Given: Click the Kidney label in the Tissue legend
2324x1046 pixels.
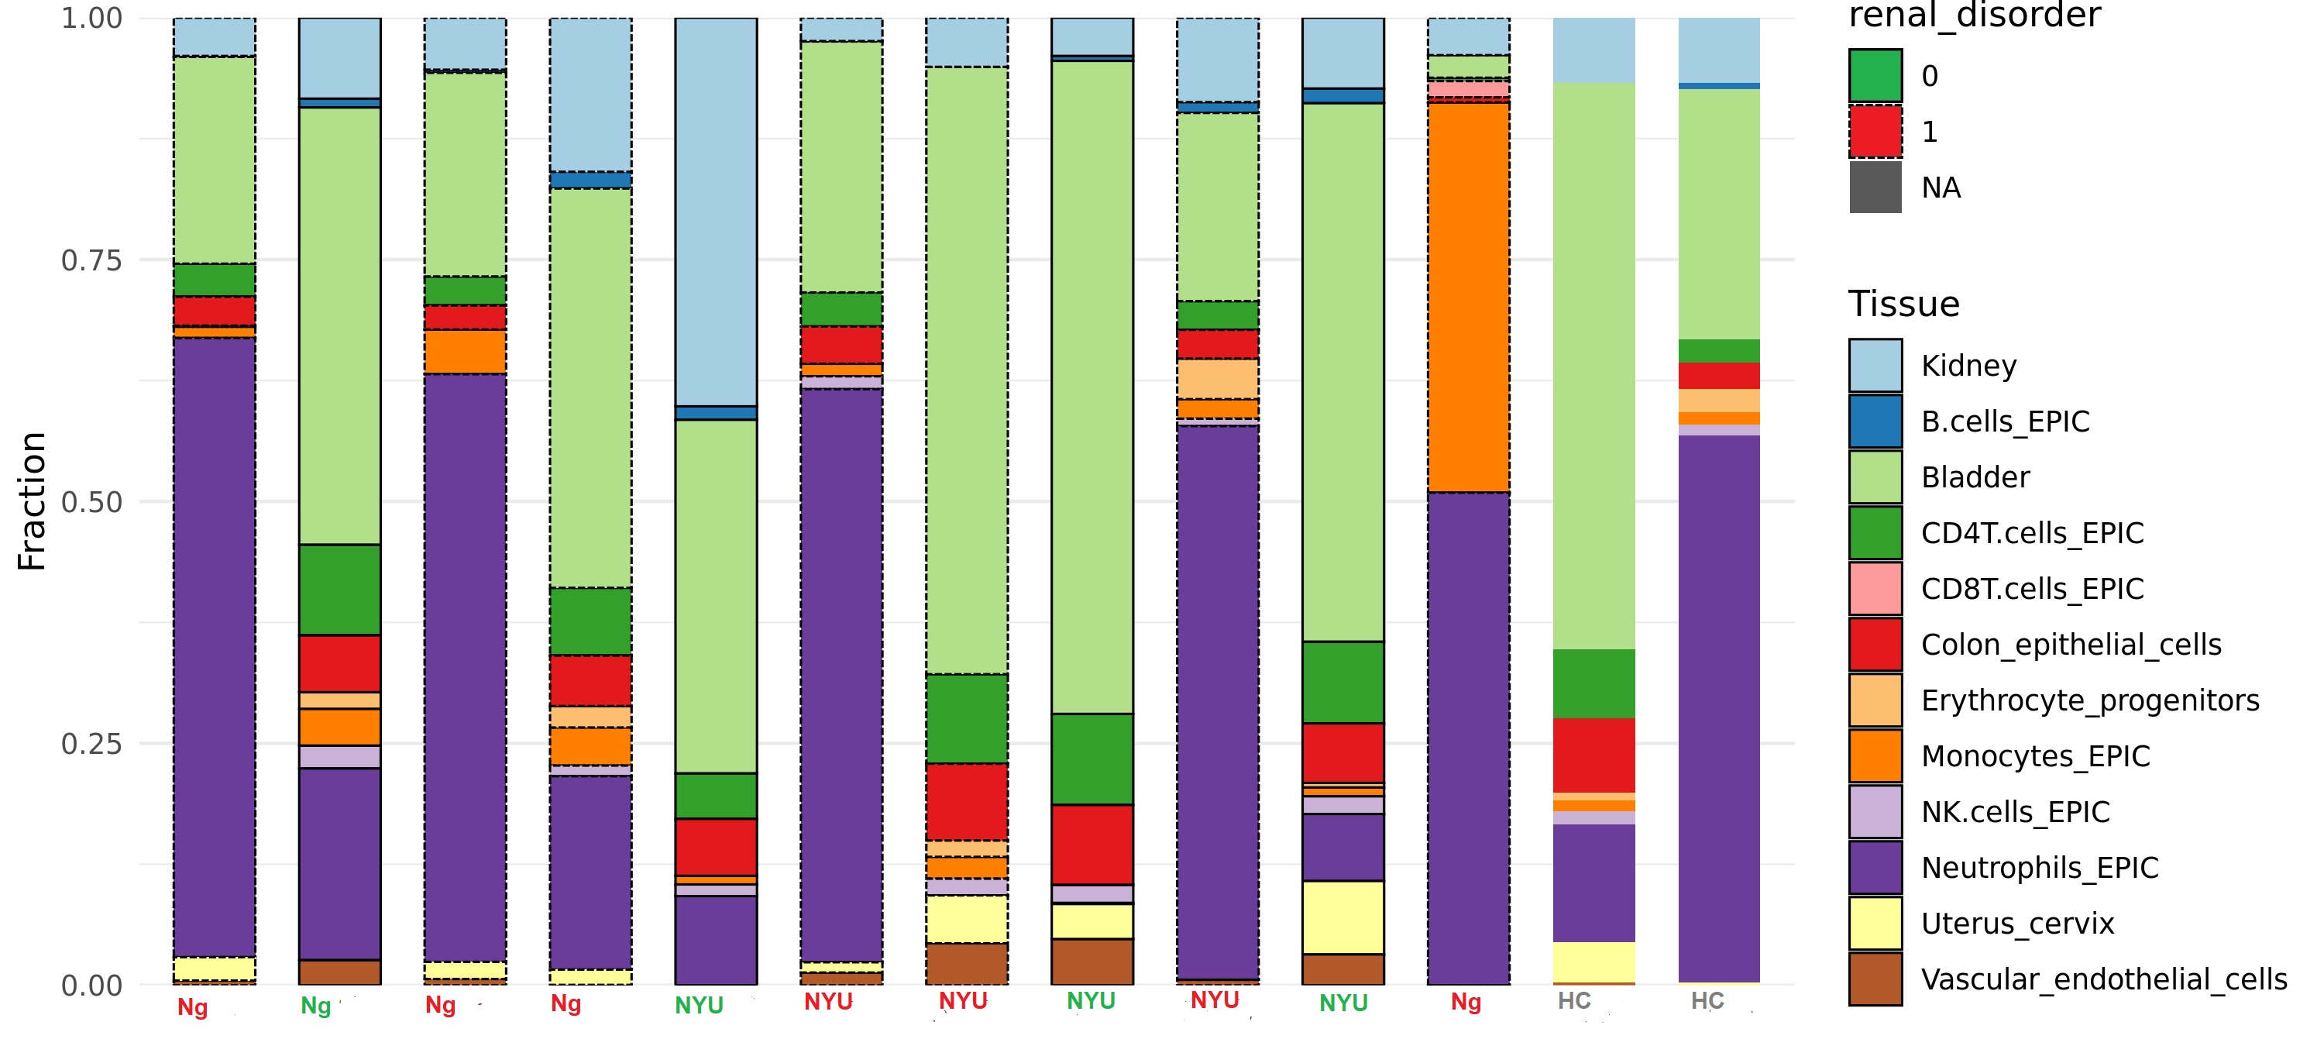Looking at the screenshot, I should (1968, 366).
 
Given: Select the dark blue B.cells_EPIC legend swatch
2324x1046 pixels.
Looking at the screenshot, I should (1875, 421).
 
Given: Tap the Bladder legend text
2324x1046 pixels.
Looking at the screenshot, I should (1975, 477).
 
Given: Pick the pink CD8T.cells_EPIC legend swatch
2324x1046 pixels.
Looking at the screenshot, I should (1875, 588).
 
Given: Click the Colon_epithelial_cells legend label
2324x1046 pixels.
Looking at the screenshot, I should (2071, 645).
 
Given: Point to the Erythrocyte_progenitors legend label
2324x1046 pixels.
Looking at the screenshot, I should (2089, 700).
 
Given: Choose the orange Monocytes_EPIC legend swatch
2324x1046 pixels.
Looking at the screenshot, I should (1875, 756).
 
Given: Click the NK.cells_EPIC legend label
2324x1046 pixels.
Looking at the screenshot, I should (2015, 812).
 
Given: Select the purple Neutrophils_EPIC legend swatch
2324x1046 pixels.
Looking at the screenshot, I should (1875, 867).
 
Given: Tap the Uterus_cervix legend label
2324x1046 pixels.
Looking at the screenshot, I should (2017, 924).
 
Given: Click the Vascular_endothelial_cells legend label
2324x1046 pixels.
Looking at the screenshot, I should (2104, 979).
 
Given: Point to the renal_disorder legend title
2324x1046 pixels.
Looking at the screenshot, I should (1974, 15).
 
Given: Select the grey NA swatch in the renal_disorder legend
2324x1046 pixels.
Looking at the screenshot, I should (1875, 188).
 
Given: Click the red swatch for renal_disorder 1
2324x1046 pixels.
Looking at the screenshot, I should (1875, 132).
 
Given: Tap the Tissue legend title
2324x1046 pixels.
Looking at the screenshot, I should (1903, 305).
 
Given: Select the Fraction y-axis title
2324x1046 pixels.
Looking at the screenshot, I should (32, 501).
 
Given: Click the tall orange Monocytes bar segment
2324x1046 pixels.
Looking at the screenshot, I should (1468, 298).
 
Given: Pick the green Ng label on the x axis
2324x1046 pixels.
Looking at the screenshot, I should (316, 1006).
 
